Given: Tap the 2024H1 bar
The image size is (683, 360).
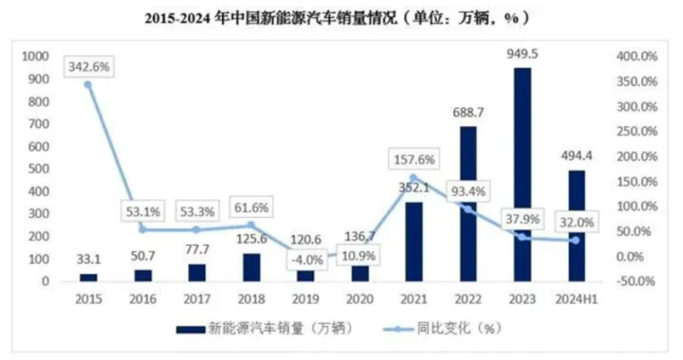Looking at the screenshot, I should (x=577, y=226).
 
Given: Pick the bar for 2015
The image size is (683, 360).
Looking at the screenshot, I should (x=88, y=277).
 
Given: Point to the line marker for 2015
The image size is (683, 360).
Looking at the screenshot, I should (x=88, y=85).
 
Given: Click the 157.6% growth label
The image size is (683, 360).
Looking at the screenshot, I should (x=413, y=158).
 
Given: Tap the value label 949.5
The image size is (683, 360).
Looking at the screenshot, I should (x=523, y=55).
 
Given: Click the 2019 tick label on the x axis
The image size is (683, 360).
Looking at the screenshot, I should (x=306, y=300).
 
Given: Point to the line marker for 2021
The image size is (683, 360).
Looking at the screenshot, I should (x=413, y=178).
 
